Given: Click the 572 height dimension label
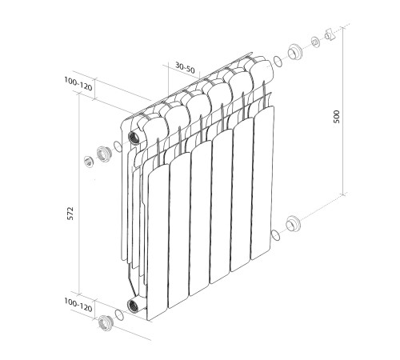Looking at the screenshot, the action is (x=70, y=213).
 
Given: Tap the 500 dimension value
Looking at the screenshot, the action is (x=337, y=117).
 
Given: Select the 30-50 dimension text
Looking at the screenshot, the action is (x=185, y=67).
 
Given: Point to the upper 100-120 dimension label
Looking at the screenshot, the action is (x=78, y=84).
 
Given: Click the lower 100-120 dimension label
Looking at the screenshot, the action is (x=78, y=305).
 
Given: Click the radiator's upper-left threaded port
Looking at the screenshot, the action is (x=133, y=138).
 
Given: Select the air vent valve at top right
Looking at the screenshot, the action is (x=330, y=34).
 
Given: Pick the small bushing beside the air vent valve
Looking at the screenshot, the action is (x=315, y=42).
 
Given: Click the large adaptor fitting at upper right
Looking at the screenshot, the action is (x=294, y=51).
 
